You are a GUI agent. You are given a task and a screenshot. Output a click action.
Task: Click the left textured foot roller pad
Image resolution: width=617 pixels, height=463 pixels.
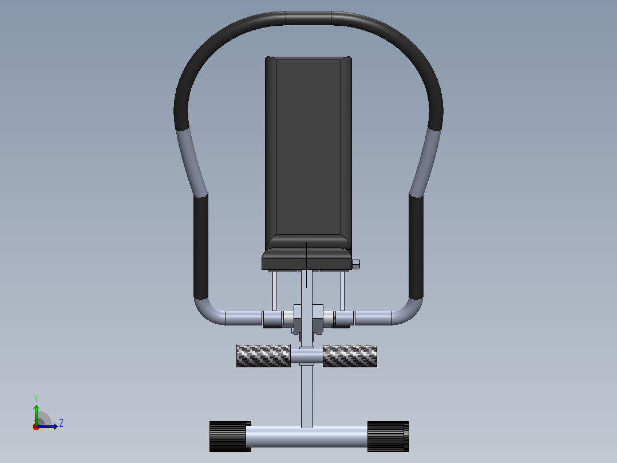point(263,356)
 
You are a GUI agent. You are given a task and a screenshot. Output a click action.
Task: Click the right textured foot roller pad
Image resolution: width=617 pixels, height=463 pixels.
point(350,356)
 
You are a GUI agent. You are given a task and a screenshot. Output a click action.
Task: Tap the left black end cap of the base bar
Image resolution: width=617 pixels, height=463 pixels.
point(230,436)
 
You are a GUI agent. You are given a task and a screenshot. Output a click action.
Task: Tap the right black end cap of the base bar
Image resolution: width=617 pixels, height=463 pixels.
point(388,436)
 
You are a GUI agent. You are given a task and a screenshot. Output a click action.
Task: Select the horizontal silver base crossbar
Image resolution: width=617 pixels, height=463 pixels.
point(307,436)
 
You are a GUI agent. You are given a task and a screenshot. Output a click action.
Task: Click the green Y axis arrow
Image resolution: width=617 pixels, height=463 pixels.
point(36,415)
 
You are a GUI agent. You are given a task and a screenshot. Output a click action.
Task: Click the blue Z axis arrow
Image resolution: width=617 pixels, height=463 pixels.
point(47,426)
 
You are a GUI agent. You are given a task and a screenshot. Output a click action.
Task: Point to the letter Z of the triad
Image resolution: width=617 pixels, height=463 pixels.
point(61,423)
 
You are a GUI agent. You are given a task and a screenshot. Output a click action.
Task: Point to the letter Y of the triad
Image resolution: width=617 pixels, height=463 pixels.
point(36,398)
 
